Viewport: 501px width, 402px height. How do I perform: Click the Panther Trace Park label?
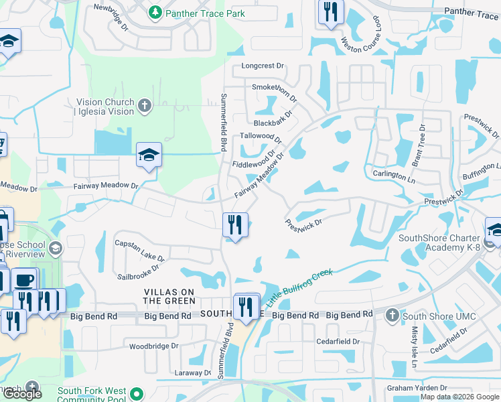tap(206, 13)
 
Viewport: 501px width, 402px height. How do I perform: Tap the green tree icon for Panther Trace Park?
tap(155, 13)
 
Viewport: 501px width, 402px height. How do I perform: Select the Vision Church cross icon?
tap(145, 106)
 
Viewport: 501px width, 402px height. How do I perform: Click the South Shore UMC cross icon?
tap(392, 315)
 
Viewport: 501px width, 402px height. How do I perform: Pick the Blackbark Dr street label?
tap(275, 123)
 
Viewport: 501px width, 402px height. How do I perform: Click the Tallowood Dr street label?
tap(261, 136)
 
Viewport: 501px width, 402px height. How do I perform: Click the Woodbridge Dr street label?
tap(153, 346)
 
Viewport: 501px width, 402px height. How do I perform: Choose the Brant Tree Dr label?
tap(418, 145)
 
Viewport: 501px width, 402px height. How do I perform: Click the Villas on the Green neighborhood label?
tap(170, 297)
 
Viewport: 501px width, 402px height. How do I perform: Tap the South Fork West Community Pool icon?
tap(137, 393)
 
